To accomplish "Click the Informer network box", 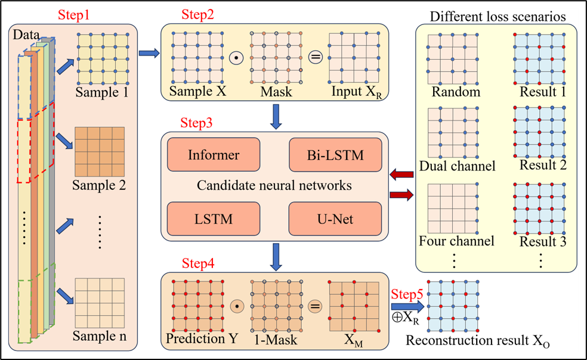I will point(214,155).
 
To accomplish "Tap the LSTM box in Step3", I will point(214,219).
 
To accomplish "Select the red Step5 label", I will point(408,294).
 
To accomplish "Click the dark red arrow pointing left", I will point(401,174).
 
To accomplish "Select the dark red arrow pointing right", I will point(401,195).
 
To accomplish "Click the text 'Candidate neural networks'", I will point(274,186).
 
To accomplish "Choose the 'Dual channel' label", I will point(457,166).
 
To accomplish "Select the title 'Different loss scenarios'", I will point(498,16).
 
